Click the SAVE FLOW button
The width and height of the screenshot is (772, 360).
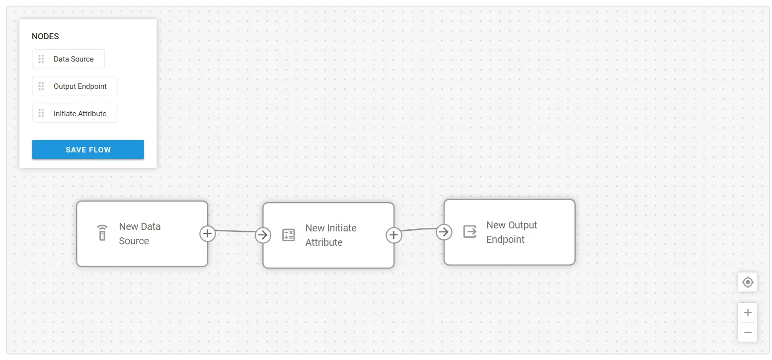[88, 149]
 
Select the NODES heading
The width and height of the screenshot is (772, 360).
[45, 37]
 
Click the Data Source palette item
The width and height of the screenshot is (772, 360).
[68, 59]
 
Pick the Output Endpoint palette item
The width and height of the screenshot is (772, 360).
[75, 86]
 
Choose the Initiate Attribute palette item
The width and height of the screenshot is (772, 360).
[75, 113]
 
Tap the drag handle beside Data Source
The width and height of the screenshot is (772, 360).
[41, 59]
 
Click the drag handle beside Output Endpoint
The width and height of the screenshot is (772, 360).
[41, 86]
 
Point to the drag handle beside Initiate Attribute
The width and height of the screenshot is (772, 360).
[41, 113]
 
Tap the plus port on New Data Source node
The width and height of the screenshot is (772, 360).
[208, 233]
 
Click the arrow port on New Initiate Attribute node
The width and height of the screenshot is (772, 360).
[263, 235]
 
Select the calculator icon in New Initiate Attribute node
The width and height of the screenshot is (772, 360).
[289, 235]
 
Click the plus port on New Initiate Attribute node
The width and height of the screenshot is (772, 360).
[393, 235]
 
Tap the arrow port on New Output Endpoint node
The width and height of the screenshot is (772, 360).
[444, 232]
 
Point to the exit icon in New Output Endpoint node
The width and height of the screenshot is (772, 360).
[470, 232]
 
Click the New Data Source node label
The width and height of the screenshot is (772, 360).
[140, 233]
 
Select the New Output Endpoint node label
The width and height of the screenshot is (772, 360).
[512, 232]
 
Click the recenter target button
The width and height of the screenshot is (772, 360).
[748, 282]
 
